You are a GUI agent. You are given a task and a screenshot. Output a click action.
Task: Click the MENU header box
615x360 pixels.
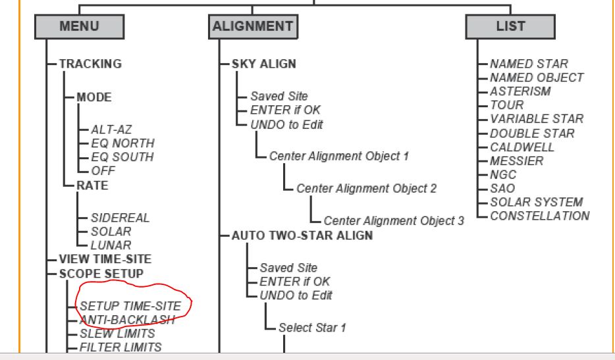click(x=79, y=27)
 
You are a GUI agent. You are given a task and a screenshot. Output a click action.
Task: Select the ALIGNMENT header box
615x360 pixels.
click(x=253, y=27)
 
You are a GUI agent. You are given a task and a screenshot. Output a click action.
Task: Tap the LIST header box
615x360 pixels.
click(x=510, y=27)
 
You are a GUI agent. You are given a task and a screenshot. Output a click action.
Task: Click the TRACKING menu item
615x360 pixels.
click(x=90, y=64)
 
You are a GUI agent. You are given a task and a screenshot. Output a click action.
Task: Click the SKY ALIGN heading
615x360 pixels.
click(x=263, y=64)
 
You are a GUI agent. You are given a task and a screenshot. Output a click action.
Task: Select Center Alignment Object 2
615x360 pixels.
click(x=366, y=188)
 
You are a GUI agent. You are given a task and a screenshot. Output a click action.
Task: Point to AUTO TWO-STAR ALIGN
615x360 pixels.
click(x=302, y=235)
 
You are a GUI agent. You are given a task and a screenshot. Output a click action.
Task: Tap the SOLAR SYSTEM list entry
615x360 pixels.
click(x=537, y=202)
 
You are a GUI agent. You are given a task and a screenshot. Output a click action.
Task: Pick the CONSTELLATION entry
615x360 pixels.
click(x=540, y=216)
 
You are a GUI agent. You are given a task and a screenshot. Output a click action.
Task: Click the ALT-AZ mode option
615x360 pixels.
click(x=107, y=130)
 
